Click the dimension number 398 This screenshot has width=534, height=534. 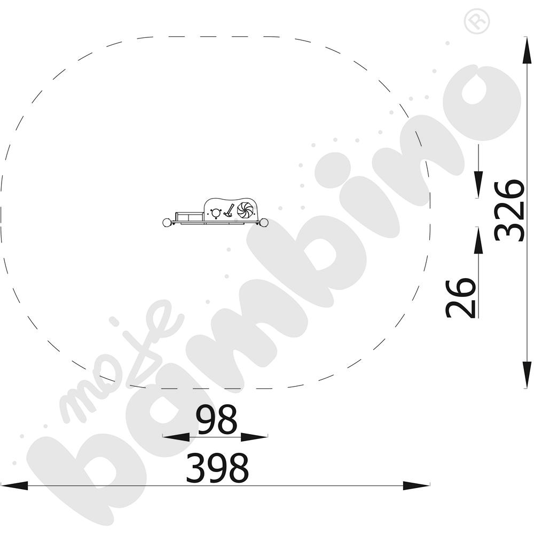tap(217, 468)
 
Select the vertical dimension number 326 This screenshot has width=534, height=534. tap(509, 210)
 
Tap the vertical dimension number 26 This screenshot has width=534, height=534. tap(460, 297)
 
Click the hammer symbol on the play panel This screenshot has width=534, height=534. tap(229, 210)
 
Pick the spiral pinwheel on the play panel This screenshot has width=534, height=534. tap(245, 210)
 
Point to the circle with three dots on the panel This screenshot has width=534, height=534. tap(216, 213)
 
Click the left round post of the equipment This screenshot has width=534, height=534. tap(167, 223)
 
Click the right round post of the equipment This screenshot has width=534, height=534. tap(264, 223)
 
